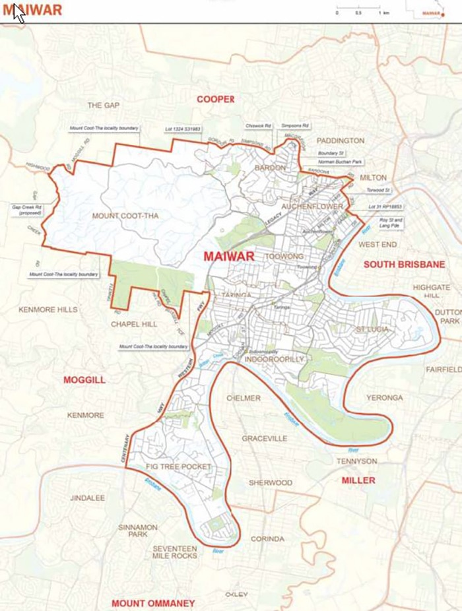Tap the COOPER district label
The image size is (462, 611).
[x=215, y=99]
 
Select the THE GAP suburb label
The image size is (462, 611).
[x=103, y=105]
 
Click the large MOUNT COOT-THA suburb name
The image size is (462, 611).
[x=125, y=216]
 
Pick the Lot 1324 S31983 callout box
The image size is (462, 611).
[x=183, y=129]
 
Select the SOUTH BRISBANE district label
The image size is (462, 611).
[x=395, y=264]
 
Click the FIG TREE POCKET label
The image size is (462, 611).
[x=178, y=466]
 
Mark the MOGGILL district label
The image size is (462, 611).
[x=84, y=379]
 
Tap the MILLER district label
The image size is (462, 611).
[x=358, y=480]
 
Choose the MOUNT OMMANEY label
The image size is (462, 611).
[x=153, y=603]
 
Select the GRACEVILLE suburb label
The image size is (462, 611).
[x=264, y=438]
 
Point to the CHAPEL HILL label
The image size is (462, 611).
[x=134, y=324]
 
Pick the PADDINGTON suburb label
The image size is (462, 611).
[x=340, y=141]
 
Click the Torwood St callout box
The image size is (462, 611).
[x=379, y=190]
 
